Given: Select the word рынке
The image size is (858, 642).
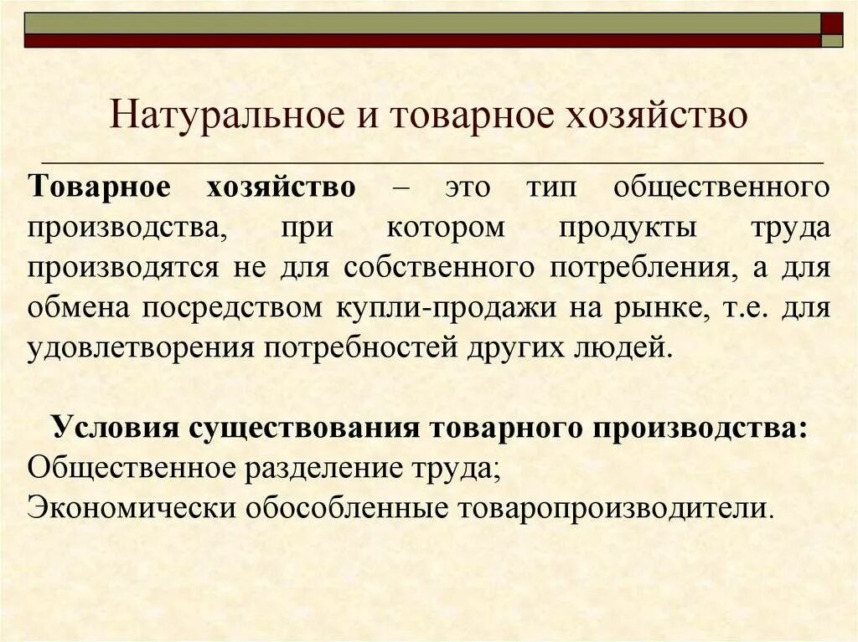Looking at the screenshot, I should [x=654, y=307].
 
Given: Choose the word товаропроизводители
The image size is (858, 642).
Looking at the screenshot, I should [x=612, y=506].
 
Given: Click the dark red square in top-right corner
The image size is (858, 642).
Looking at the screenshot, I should [x=832, y=23].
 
